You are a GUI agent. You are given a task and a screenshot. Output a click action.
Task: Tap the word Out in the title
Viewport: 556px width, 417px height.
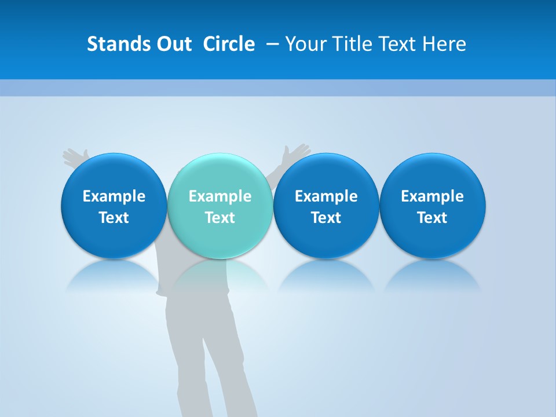173,44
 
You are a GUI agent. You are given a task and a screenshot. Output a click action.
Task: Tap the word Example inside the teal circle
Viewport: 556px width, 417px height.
220,196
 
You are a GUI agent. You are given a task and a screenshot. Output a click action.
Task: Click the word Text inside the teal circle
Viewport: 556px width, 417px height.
220,218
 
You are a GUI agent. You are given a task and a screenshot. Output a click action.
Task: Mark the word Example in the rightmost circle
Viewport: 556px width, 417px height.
433,196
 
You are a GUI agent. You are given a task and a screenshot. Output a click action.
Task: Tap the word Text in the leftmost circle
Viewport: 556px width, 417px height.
114,218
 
